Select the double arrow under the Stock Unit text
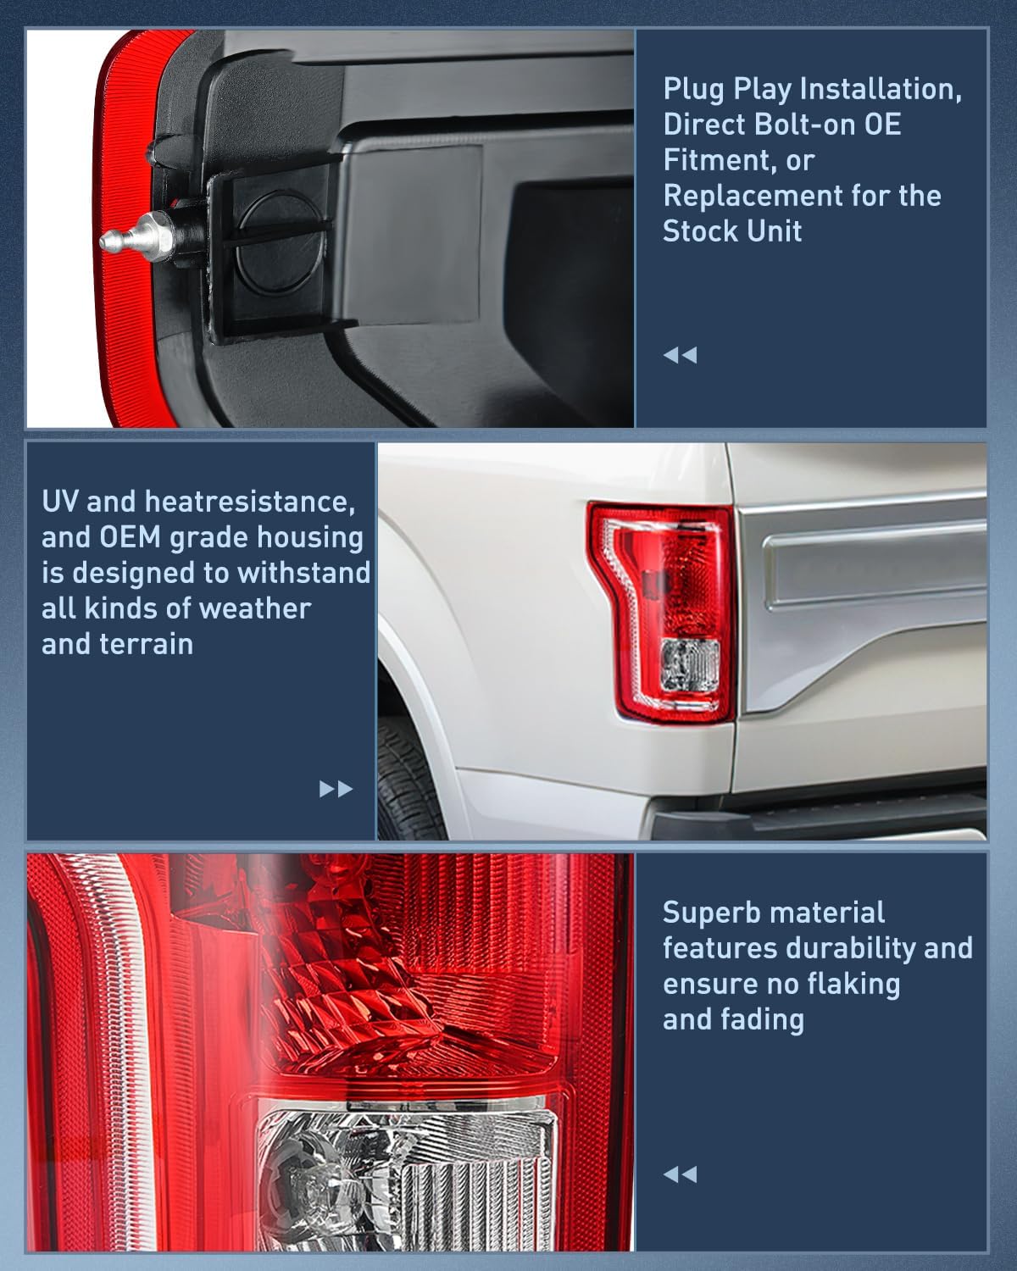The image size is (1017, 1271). [680, 355]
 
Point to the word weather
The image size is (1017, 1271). [258, 608]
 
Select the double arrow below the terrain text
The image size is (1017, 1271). [336, 790]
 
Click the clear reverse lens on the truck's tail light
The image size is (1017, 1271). [689, 663]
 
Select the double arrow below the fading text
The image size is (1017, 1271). [680, 1174]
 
